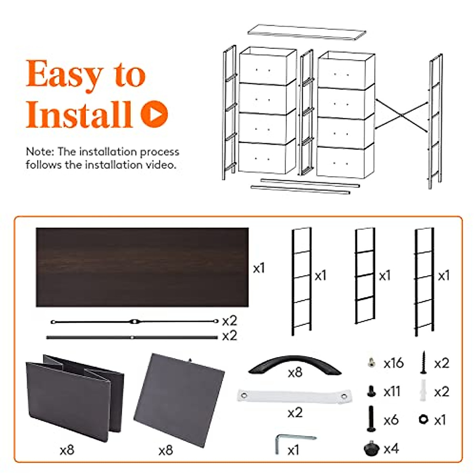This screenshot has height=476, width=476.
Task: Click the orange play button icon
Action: click(x=154, y=114)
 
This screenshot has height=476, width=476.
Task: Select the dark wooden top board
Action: click(x=142, y=267)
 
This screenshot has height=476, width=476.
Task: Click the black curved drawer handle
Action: click(x=294, y=364)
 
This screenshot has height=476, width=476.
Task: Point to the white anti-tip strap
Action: click(x=295, y=396)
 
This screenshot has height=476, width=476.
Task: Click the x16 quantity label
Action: click(x=393, y=363)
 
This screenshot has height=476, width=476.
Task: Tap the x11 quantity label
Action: click(x=392, y=392)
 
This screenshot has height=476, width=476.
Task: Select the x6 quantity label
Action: click(x=391, y=420)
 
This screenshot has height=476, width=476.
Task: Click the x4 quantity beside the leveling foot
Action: click(x=391, y=449)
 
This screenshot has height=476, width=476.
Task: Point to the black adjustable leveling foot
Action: click(x=371, y=449)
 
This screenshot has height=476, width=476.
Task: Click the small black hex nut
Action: click(x=423, y=419)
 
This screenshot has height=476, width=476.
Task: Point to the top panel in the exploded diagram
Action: click(x=306, y=33)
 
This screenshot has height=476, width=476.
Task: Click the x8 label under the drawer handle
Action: click(x=295, y=372)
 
